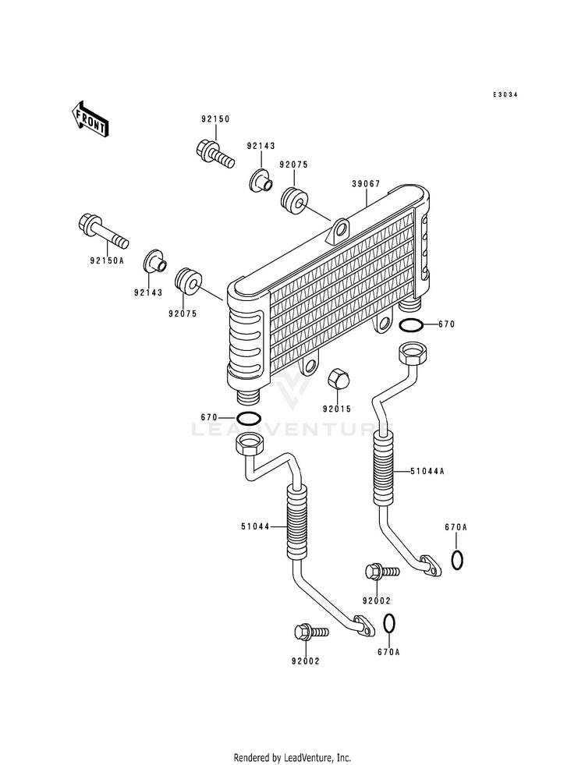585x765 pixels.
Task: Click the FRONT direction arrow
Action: point(89,119)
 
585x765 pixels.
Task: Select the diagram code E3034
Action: point(505,94)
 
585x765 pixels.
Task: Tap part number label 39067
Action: point(366,184)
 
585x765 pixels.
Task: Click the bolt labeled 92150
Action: point(215,153)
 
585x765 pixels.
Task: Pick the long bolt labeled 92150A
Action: point(103,231)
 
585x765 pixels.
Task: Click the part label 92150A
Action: point(107,260)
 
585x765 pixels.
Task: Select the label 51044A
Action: point(427,471)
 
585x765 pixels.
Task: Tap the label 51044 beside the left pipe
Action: point(255,526)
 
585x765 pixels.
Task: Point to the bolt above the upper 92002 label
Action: point(382,572)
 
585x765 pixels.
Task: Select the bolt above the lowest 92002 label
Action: point(311,632)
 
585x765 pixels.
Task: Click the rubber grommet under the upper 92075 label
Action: point(294,200)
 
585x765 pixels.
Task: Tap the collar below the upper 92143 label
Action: point(261,181)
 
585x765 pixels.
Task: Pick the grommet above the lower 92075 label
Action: point(187,282)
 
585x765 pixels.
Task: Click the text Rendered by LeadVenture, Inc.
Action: point(292,758)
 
